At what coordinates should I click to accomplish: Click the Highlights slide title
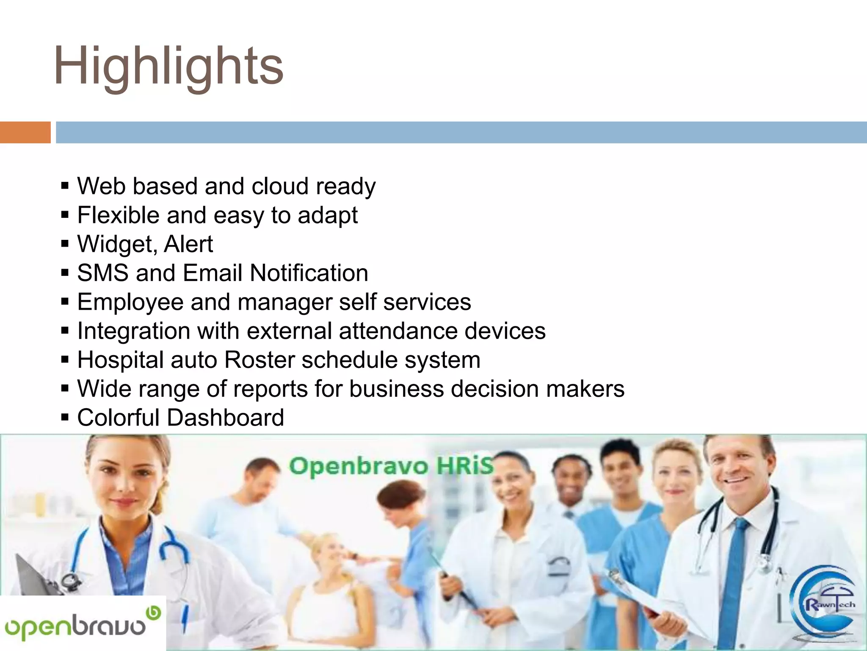168,67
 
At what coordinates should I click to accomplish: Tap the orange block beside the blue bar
25,132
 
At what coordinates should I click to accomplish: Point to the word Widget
116,245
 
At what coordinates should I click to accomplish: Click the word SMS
103,273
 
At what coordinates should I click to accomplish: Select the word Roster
259,360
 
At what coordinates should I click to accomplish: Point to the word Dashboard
225,418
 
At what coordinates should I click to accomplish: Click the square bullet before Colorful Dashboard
65,418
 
